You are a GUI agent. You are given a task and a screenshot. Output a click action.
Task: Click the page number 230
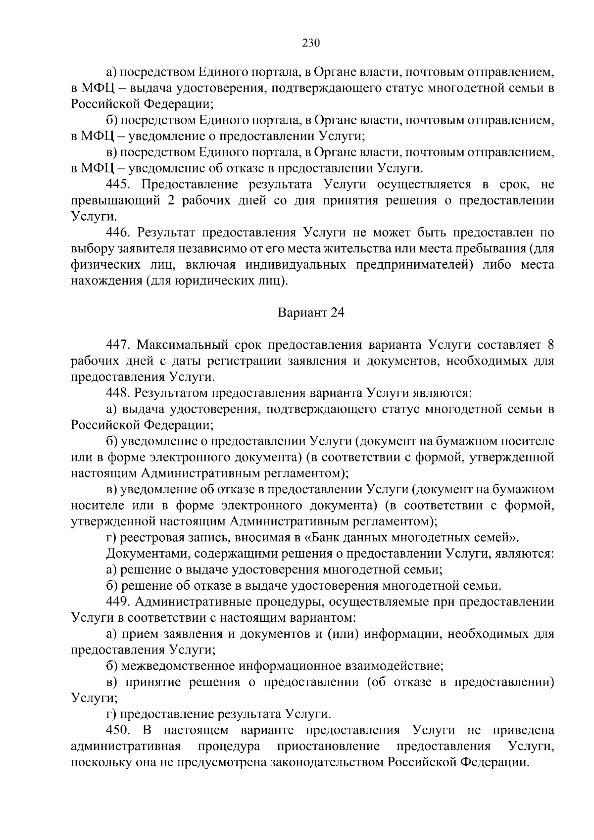coord(311,43)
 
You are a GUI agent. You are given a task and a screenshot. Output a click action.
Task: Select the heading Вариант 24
coord(310,313)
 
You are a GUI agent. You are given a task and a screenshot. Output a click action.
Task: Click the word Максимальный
coord(178,345)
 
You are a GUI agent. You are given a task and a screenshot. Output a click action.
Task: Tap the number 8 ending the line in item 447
coord(550,345)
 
